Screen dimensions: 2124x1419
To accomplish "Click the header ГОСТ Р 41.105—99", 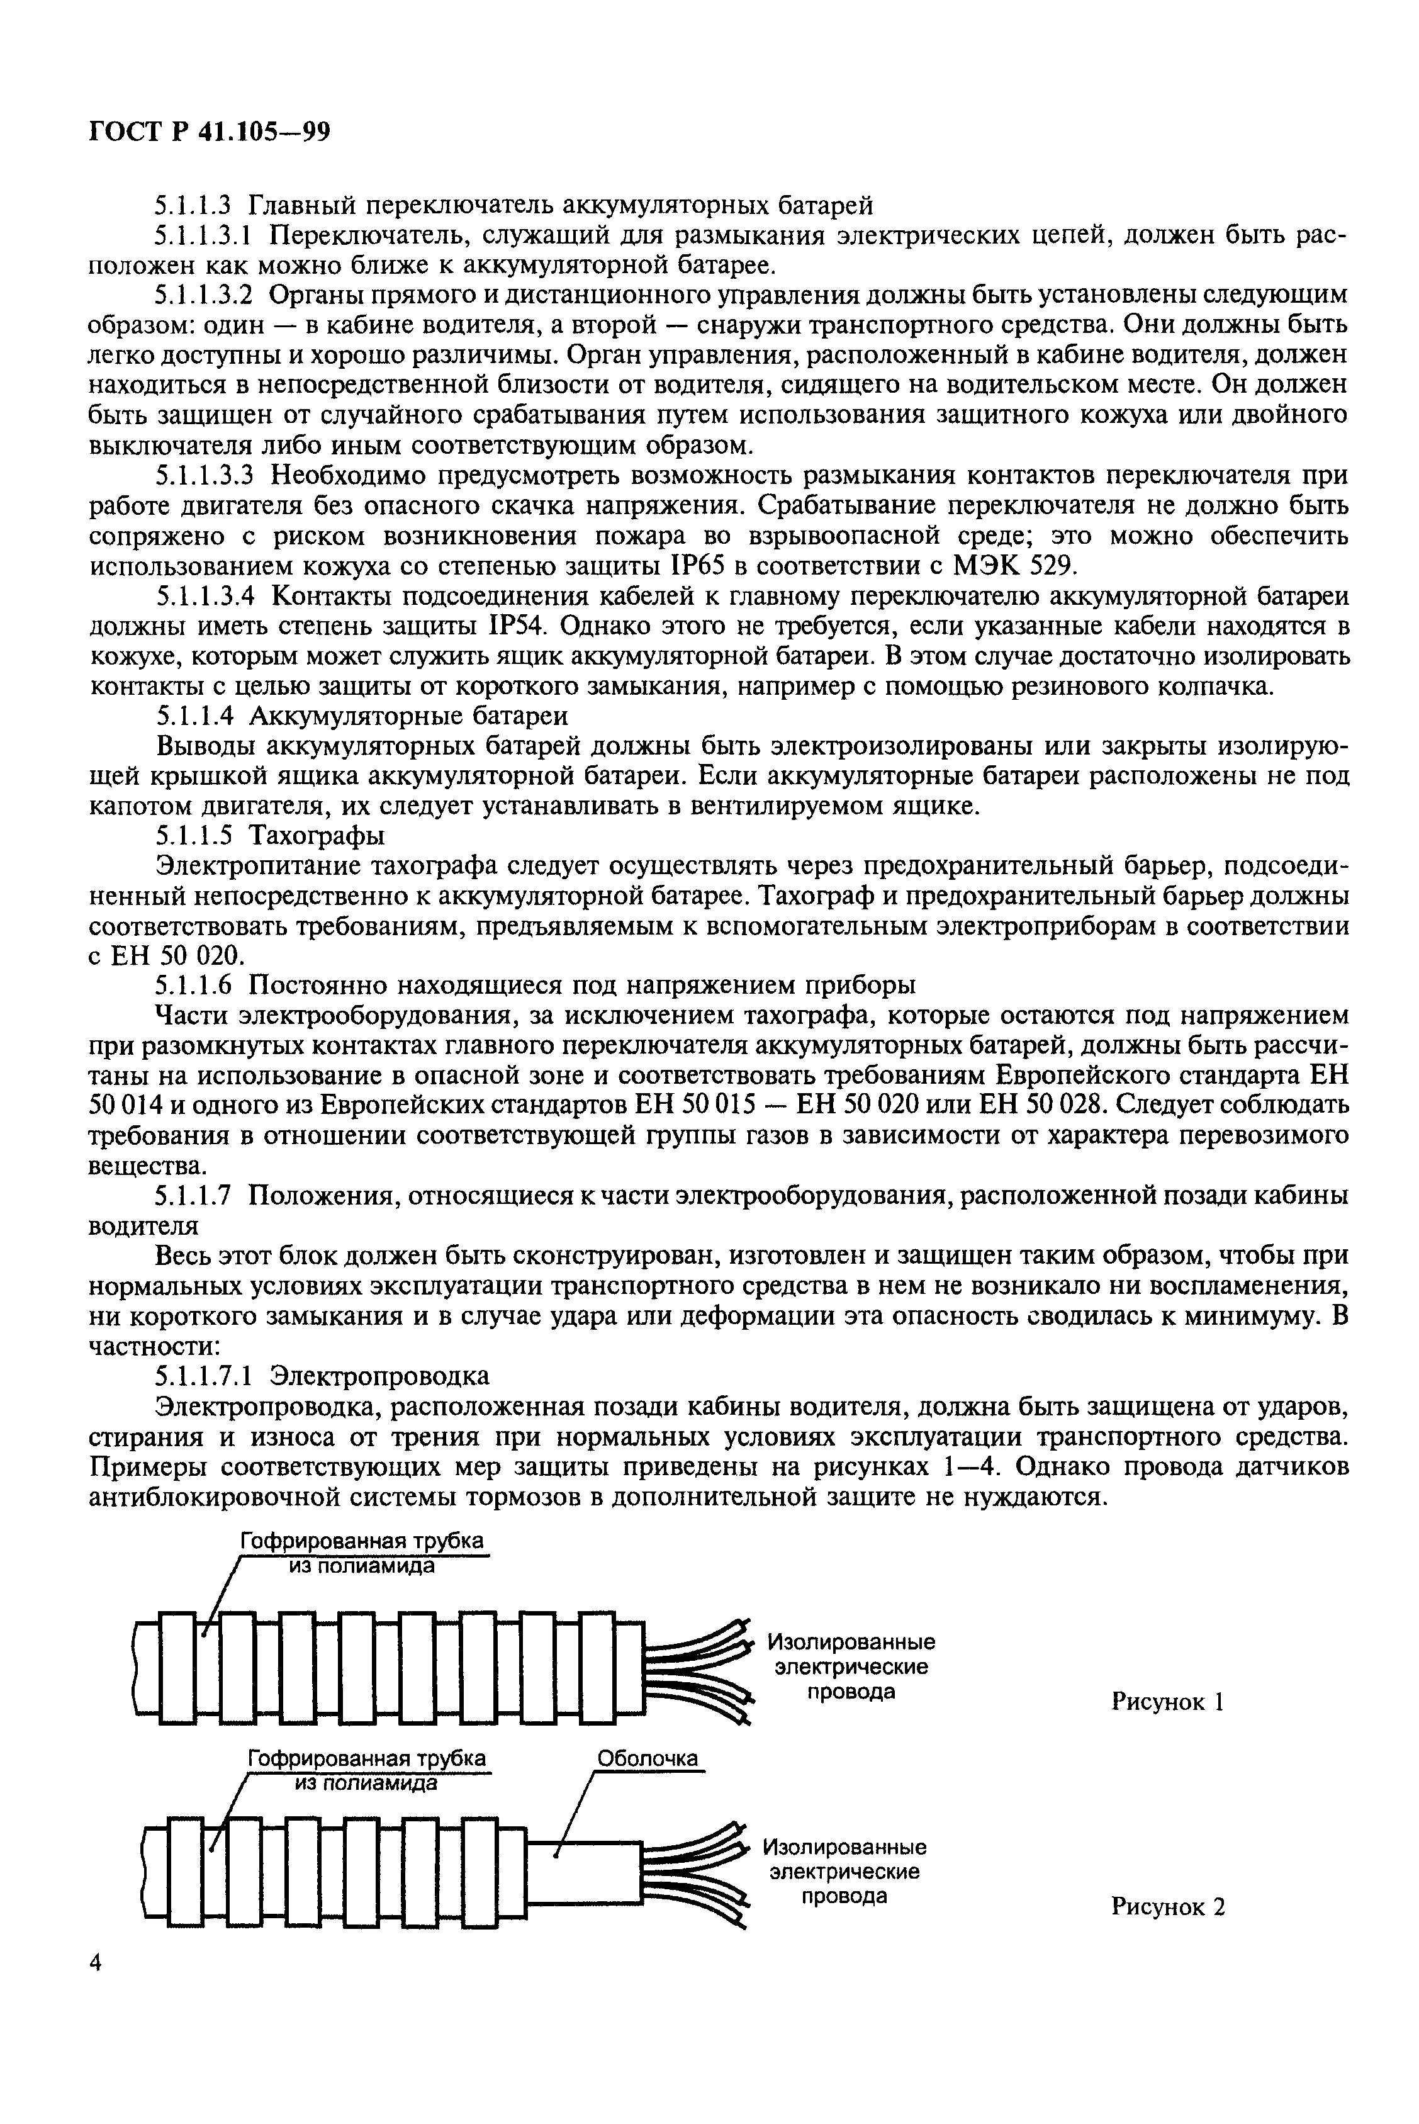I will (x=210, y=132).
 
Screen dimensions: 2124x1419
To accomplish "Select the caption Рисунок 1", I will (x=1167, y=1702).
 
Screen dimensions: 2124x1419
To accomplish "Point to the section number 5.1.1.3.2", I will (x=208, y=295).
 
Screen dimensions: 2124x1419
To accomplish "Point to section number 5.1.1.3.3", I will (x=208, y=476).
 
